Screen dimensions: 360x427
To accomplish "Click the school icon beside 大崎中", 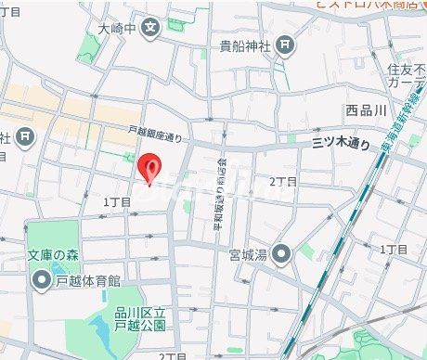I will point(152,29).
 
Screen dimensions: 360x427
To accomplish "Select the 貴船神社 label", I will point(243,45).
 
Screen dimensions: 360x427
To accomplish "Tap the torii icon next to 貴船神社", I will point(285,45).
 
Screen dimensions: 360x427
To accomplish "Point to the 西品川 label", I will point(364,110).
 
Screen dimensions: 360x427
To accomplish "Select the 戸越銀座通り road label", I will point(155,135).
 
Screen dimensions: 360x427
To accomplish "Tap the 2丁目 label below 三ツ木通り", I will point(283,182).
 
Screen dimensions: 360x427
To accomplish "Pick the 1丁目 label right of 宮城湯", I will point(394,250).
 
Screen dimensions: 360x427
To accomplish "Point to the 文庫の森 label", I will point(50,255).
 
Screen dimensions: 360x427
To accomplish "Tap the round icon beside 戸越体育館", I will point(41,279).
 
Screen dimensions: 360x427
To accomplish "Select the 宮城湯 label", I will point(248,253).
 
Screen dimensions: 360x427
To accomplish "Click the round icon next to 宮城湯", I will point(283,252).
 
